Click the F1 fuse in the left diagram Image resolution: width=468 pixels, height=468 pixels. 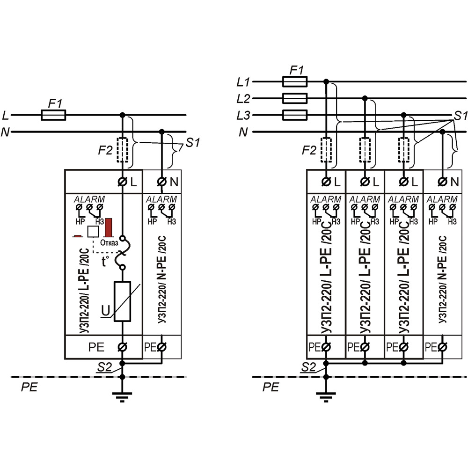click(x=53, y=115)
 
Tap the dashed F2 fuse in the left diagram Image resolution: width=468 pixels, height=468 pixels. click(x=123, y=150)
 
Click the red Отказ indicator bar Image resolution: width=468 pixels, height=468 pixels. click(x=110, y=227)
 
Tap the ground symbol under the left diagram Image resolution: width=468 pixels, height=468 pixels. click(x=122, y=398)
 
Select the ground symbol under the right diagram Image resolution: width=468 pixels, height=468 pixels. click(x=326, y=398)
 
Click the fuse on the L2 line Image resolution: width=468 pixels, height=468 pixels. click(x=295, y=98)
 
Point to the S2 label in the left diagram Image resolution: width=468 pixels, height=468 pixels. click(x=104, y=368)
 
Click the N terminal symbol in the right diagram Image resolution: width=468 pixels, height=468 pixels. click(x=443, y=181)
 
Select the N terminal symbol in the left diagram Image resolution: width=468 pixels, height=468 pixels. click(x=162, y=181)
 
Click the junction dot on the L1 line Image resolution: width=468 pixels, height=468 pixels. click(x=326, y=82)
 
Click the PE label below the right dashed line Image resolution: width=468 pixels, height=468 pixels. click(x=271, y=388)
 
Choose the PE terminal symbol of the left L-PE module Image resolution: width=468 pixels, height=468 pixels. click(x=123, y=347)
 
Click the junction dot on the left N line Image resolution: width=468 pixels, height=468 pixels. click(x=162, y=132)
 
